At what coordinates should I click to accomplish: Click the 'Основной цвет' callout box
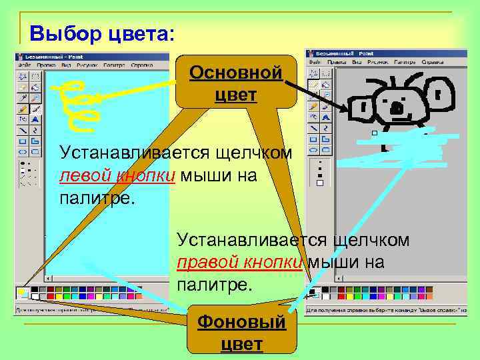coord(235,83)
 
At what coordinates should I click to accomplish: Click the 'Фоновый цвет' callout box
coord(241,333)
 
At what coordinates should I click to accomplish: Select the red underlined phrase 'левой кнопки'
coord(117,176)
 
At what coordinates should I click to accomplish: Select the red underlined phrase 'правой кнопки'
coord(240,263)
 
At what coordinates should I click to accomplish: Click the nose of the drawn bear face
coord(397,107)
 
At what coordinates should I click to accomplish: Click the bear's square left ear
coord(363,107)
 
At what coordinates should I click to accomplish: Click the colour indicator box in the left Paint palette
coord(21,293)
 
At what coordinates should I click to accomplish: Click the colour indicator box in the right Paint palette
coord(312,292)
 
